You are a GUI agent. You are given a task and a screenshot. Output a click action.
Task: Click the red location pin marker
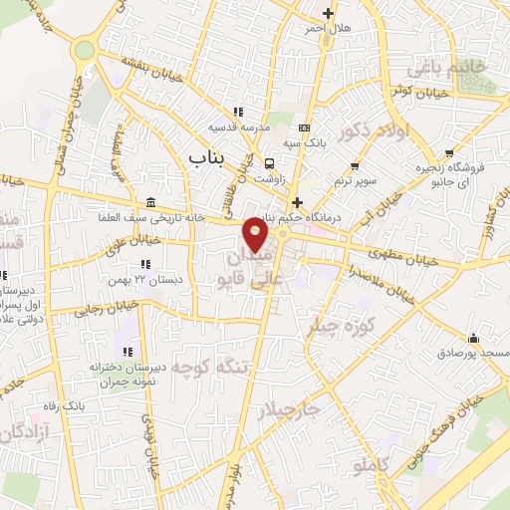256,236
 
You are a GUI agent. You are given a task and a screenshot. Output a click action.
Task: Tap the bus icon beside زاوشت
270,163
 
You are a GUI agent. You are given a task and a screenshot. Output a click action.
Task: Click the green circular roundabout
85,49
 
